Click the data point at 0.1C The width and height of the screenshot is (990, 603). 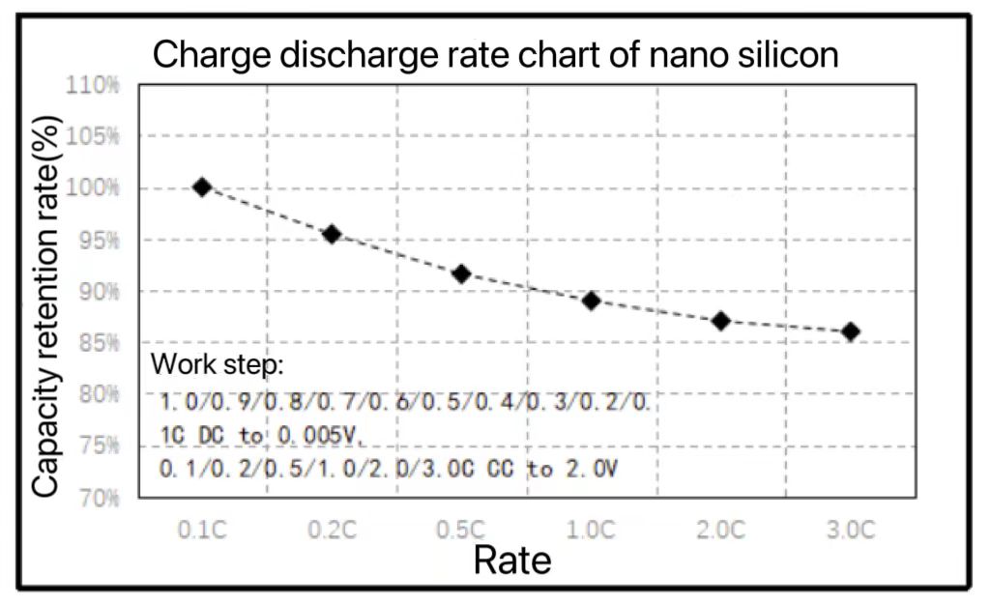(x=202, y=187)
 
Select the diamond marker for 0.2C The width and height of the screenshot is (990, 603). (x=332, y=234)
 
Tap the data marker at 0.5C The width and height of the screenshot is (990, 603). (x=461, y=274)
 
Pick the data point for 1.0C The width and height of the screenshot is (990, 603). (x=592, y=301)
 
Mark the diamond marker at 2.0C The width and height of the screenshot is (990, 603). (x=720, y=321)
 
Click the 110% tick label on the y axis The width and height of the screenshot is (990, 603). (x=93, y=84)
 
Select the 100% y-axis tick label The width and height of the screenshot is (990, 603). (x=93, y=187)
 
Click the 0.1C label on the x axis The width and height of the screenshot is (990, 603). (x=202, y=530)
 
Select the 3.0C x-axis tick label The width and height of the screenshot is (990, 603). (x=851, y=530)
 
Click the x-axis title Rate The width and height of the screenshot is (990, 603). (x=512, y=560)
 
